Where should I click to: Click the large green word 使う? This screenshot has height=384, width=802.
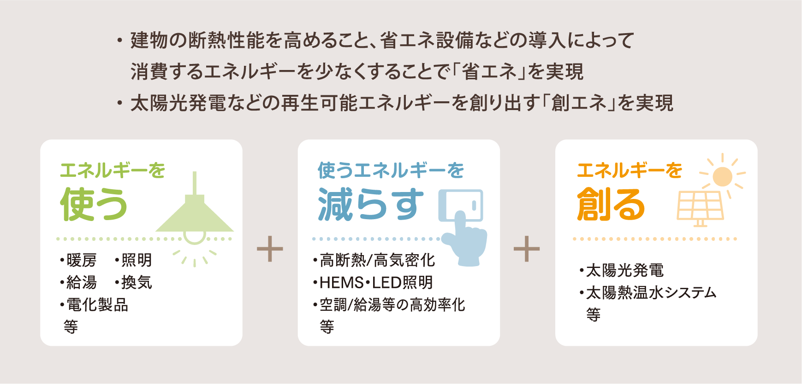point(94,204)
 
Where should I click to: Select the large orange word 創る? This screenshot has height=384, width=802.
point(611,204)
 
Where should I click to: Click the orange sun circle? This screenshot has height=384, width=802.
point(722,176)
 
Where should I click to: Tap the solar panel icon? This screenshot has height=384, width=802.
point(700,208)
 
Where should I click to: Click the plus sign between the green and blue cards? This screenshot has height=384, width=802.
point(270,249)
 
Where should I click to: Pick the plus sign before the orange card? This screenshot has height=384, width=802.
point(527,249)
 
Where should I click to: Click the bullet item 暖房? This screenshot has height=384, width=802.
point(81,260)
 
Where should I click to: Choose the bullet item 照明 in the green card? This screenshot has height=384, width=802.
point(137,260)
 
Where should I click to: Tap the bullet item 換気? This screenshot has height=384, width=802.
point(137,282)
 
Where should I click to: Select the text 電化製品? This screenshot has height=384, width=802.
point(97,305)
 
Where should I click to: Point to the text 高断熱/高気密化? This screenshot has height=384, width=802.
point(377,260)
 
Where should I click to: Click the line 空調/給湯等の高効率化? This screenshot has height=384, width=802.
point(392,305)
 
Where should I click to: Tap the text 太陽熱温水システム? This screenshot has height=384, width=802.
point(651,293)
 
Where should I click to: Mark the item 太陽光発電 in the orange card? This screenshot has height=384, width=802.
point(624,270)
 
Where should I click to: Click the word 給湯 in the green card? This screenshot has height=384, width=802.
point(81,282)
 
